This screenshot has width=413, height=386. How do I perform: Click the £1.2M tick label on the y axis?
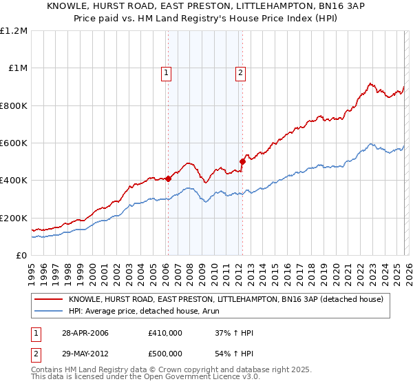pos(14,31)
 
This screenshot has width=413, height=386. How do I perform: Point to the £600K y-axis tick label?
pos(14,143)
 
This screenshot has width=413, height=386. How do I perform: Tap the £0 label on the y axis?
pos(21,256)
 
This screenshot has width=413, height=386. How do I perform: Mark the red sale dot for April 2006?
pos(169,179)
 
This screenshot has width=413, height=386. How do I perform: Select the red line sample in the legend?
pos(49,300)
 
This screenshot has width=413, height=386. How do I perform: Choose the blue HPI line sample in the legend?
pos(49,311)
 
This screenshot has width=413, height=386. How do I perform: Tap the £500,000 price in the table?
pos(165,353)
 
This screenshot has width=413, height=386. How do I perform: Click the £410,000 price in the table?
pos(165,334)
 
